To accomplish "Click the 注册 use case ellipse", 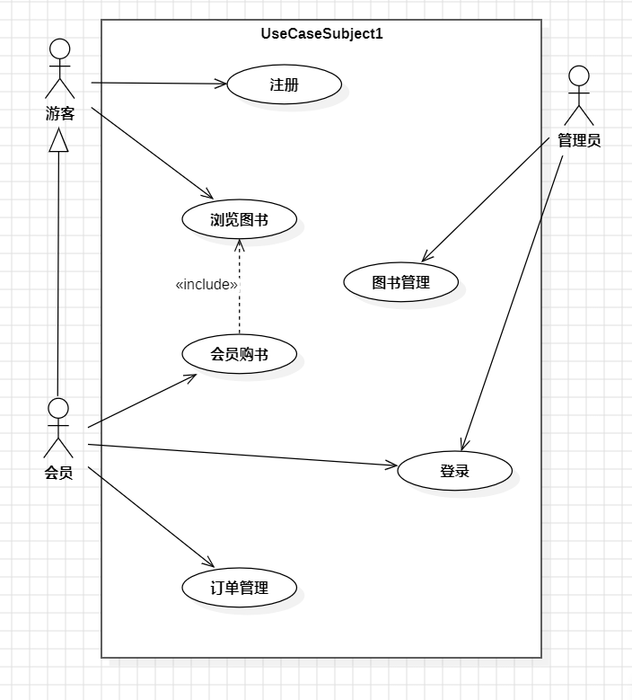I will pyautogui.click(x=284, y=85).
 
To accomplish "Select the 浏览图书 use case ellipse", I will pyautogui.click(x=239, y=219).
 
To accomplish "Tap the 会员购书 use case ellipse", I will pyautogui.click(x=239, y=355).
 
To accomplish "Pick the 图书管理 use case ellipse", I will pyautogui.click(x=400, y=282).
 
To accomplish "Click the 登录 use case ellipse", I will pyautogui.click(x=454, y=471).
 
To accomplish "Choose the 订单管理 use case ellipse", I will pyautogui.click(x=239, y=589).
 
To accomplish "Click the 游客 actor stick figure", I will pyautogui.click(x=59, y=68).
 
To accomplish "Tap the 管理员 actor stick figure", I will pyautogui.click(x=579, y=95).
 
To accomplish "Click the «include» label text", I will pyautogui.click(x=206, y=285).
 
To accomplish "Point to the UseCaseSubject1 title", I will pyautogui.click(x=321, y=34).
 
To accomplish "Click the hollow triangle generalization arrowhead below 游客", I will pyautogui.click(x=58, y=138).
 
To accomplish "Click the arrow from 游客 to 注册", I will pyautogui.click(x=157, y=84).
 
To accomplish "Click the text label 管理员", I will pyautogui.click(x=579, y=140).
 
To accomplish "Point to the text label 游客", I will pyautogui.click(x=59, y=113).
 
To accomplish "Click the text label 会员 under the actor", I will pyautogui.click(x=58, y=473).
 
